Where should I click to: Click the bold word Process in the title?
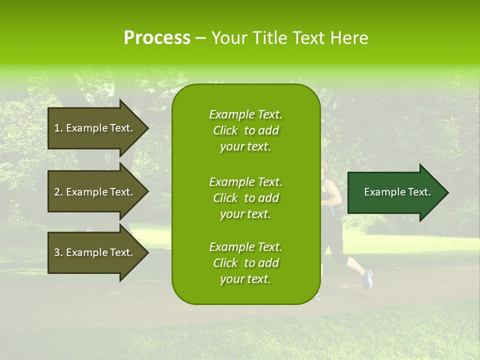pyautogui.click(x=157, y=37)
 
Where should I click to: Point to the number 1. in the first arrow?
pyautogui.click(x=58, y=128)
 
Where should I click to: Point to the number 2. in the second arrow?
pyautogui.click(x=58, y=192)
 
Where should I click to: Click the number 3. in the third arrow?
pyautogui.click(x=58, y=252)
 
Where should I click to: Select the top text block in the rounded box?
pyautogui.click(x=245, y=130)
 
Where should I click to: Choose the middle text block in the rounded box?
pyautogui.click(x=245, y=198)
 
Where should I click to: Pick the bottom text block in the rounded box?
pyautogui.click(x=245, y=263)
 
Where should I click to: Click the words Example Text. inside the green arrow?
pyautogui.click(x=397, y=192)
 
